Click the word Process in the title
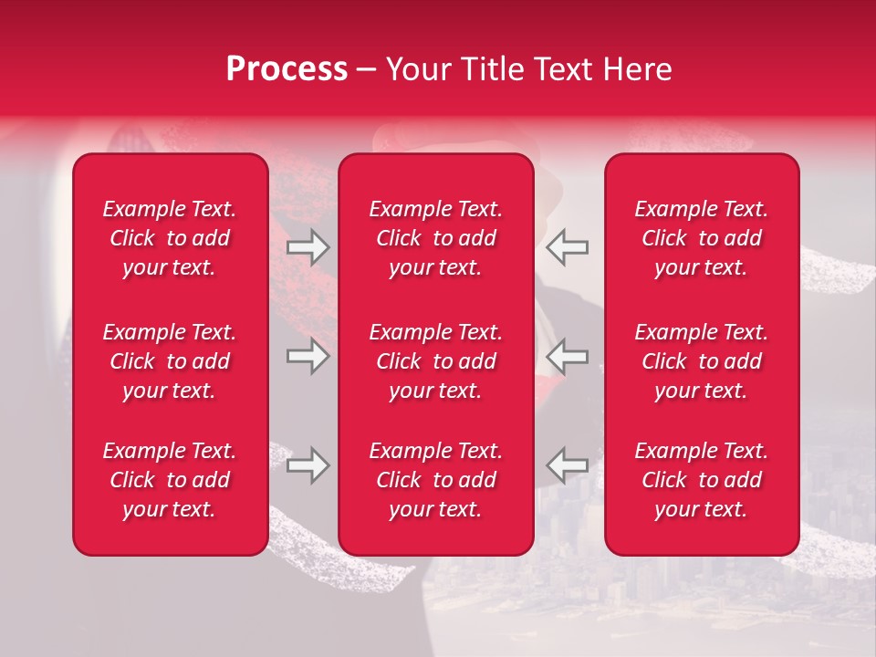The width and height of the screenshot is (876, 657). (x=287, y=69)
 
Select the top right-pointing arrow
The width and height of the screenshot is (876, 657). (x=308, y=247)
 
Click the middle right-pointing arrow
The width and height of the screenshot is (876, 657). (x=308, y=356)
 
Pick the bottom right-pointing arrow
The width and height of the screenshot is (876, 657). (x=308, y=464)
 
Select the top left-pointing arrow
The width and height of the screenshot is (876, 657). (x=568, y=247)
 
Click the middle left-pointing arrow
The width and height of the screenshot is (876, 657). (x=568, y=356)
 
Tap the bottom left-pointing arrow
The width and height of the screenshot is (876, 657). (x=568, y=464)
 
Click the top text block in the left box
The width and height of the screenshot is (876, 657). (x=170, y=238)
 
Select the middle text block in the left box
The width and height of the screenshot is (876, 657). (x=170, y=361)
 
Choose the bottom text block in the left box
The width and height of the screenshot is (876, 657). (x=170, y=480)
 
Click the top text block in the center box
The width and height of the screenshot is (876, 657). (x=435, y=238)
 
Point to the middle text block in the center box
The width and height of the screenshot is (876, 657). (x=435, y=361)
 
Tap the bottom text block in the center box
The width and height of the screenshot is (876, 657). (x=435, y=480)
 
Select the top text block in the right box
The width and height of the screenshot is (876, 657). (x=701, y=238)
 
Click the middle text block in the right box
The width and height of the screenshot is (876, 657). (x=701, y=361)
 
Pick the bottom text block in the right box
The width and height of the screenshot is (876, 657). (x=701, y=480)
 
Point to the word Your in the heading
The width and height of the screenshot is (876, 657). (x=416, y=69)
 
